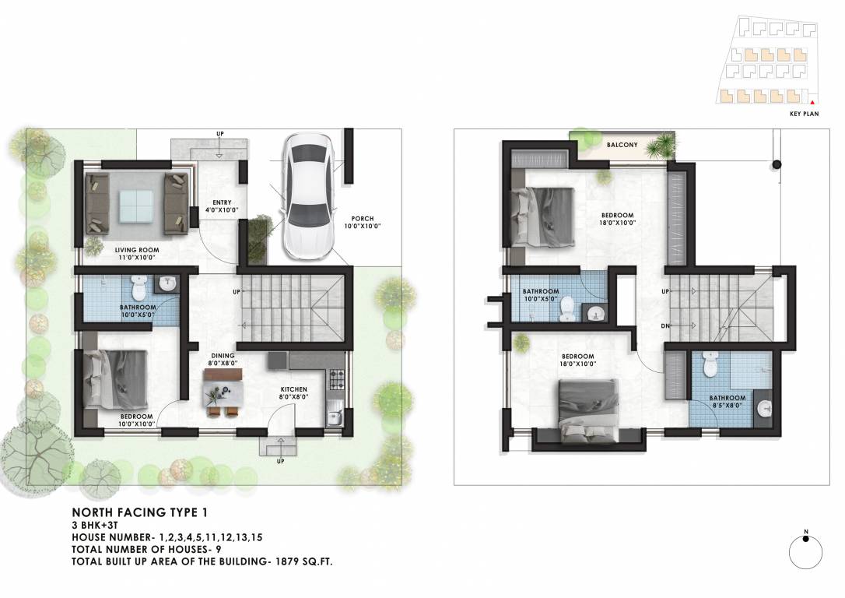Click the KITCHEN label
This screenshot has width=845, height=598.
[294, 389]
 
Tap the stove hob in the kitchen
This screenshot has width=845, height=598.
[337, 379]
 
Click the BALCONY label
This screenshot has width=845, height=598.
[622, 145]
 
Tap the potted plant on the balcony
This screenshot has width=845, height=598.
[663, 145]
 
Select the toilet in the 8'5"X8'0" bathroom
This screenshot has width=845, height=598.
[708, 363]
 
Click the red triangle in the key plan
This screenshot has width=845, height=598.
[812, 101]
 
